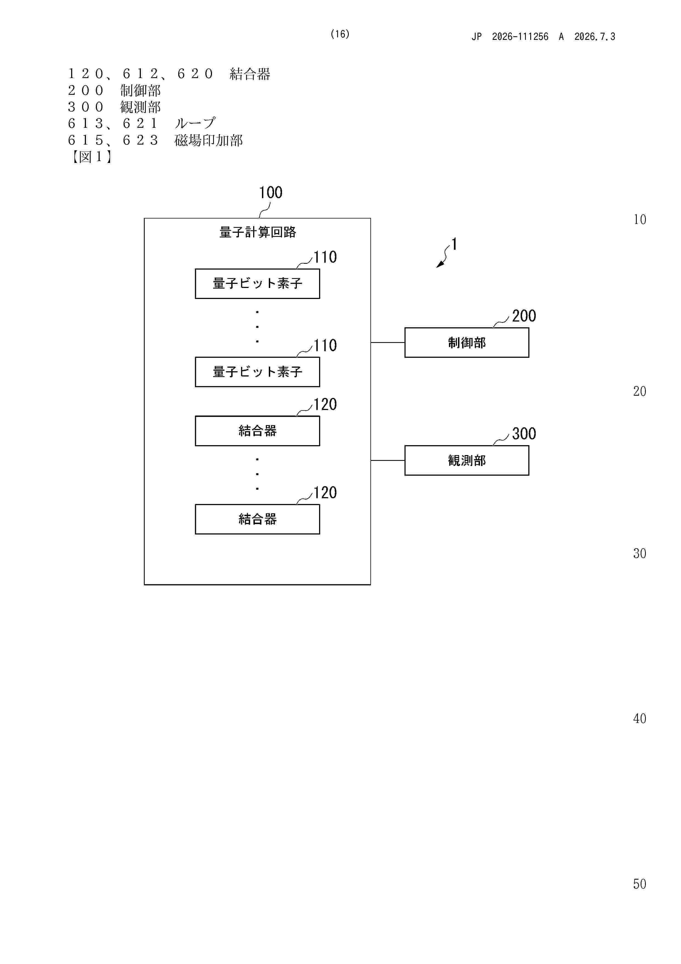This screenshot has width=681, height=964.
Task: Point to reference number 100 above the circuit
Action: tap(271, 193)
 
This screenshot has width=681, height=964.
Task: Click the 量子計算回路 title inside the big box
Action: tap(258, 232)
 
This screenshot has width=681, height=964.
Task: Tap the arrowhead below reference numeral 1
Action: tap(440, 264)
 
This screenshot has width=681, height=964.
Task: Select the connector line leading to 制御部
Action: tap(388, 343)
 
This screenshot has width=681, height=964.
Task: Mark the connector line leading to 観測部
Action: tap(388, 461)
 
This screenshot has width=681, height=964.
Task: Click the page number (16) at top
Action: tap(340, 34)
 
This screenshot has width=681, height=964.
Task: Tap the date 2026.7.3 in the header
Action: tap(595, 37)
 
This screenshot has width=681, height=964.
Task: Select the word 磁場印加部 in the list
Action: tap(208, 140)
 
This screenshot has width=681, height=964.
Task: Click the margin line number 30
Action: tap(640, 553)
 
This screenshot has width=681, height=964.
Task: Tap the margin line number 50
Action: tap(640, 884)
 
